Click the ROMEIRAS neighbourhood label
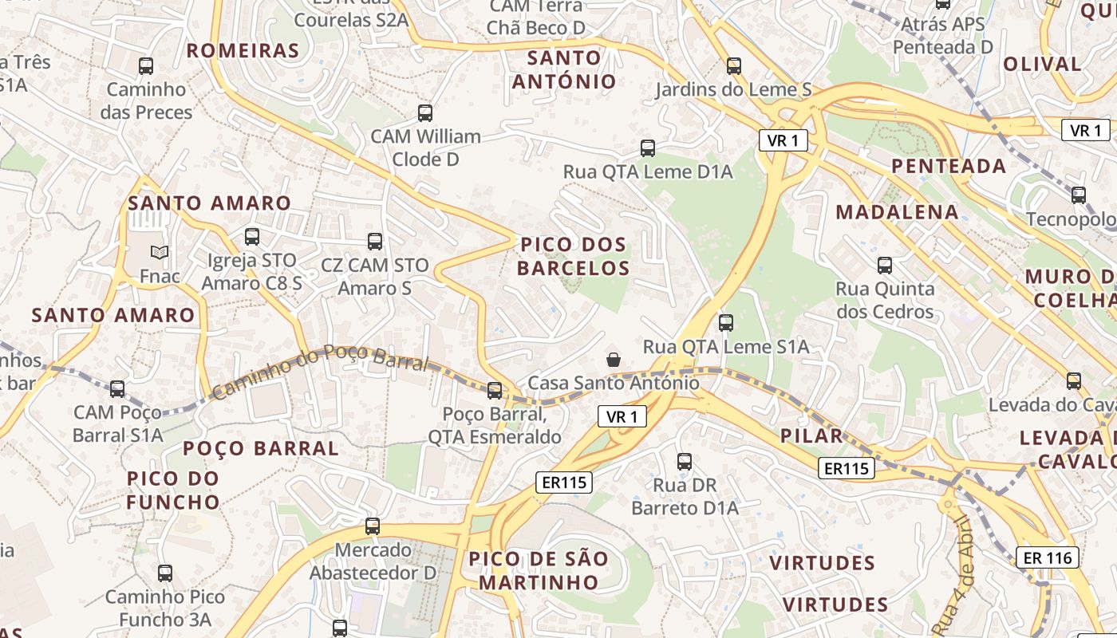pyautogui.click(x=243, y=51)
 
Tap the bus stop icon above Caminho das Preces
pyautogui.click(x=146, y=66)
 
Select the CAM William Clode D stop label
pyautogui.click(x=425, y=148)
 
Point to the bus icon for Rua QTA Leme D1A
pyautogui.click(x=648, y=148)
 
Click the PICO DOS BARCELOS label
pyautogui.click(x=573, y=256)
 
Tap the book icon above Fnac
pyautogui.click(x=160, y=253)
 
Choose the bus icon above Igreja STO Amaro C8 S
pyautogui.click(x=252, y=237)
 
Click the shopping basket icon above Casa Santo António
pyautogui.click(x=613, y=360)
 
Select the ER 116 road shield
pyautogui.click(x=1047, y=557)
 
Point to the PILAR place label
pyautogui.click(x=812, y=435)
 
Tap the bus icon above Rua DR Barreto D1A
pyautogui.click(x=685, y=462)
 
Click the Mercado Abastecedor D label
pyautogui.click(x=373, y=561)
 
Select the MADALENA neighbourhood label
pyautogui.click(x=897, y=212)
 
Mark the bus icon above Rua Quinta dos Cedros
pyautogui.click(x=885, y=266)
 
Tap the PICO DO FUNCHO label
pyautogui.click(x=173, y=490)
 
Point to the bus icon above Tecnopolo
pyautogui.click(x=1079, y=195)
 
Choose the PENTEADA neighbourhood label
pyautogui.click(x=948, y=166)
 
